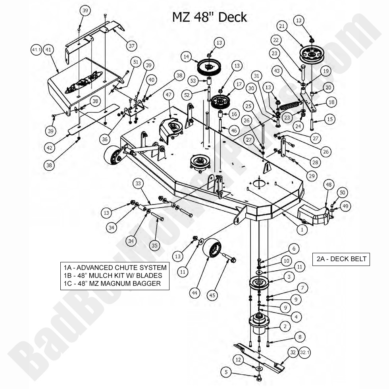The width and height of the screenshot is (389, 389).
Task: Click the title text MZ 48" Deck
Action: coord(209,17)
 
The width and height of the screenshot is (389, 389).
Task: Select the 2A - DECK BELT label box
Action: coord(341,259)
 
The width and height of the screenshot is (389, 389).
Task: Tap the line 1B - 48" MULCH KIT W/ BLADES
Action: coord(113,275)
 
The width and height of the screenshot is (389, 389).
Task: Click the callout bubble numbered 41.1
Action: coord(36,50)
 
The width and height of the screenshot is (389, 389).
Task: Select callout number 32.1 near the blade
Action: coord(305,352)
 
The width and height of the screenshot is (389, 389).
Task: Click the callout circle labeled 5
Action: coord(226,372)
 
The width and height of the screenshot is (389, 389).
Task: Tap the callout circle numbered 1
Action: coord(301,229)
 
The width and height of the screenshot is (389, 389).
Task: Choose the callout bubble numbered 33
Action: coord(138,184)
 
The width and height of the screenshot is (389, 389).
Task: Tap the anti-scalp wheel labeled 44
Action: coord(211,250)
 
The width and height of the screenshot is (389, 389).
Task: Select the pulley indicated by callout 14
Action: coord(209,66)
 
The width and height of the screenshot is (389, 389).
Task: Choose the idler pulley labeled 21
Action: coord(312,53)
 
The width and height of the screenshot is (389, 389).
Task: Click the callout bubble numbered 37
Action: coord(131,46)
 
